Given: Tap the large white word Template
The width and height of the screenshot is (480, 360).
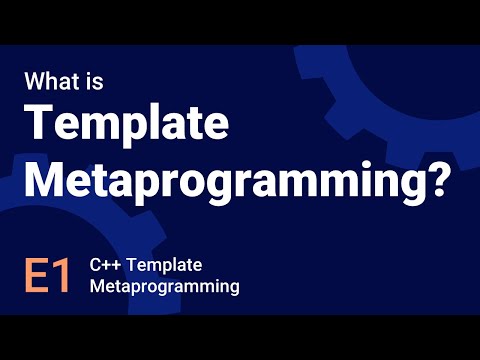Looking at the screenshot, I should coord(128,126).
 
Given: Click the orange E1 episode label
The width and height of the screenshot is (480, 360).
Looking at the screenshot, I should coord(47,276).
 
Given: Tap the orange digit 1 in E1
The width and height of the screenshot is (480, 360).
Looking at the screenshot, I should coord(61,276).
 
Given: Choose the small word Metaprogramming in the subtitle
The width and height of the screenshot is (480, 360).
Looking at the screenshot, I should coord(164,287).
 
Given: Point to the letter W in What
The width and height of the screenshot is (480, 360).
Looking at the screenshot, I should coord(35,79).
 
